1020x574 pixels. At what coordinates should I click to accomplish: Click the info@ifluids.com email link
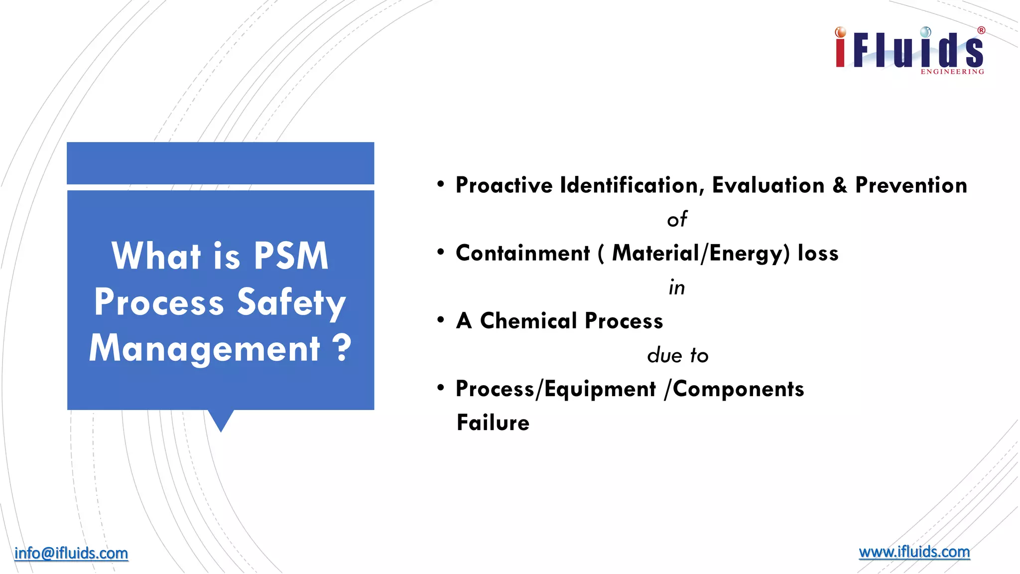(x=71, y=553)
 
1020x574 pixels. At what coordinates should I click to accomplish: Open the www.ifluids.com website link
(x=914, y=552)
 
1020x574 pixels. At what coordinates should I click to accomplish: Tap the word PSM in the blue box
(x=291, y=256)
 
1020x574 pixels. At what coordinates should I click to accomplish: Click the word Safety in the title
(x=291, y=302)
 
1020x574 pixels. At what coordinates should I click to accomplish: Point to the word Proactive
(x=504, y=185)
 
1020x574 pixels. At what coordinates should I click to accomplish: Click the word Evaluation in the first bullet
(x=768, y=185)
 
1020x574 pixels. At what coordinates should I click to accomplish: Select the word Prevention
(x=911, y=185)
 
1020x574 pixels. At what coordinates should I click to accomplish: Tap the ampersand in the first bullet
(x=840, y=185)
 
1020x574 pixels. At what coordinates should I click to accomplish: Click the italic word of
(x=677, y=219)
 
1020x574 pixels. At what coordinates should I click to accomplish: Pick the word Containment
(x=522, y=253)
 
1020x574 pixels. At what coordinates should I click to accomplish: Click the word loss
(x=818, y=253)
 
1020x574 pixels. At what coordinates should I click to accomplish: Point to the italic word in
(x=677, y=287)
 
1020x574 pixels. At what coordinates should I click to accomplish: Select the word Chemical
(x=528, y=321)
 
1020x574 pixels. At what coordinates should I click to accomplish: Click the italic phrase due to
(x=677, y=355)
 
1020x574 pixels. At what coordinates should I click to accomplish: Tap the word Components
(x=738, y=389)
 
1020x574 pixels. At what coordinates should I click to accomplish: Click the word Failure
(x=493, y=423)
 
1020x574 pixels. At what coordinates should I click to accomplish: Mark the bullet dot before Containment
(x=440, y=252)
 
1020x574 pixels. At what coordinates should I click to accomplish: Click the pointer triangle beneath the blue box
(x=221, y=420)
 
